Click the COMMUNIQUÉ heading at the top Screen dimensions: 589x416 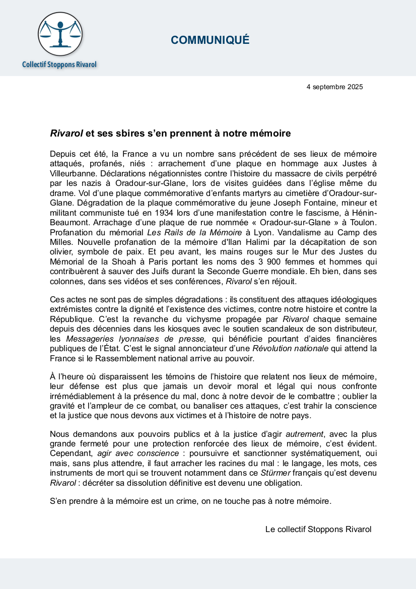(210, 41)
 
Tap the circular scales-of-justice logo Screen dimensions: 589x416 (59, 34)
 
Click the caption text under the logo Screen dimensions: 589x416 (59, 64)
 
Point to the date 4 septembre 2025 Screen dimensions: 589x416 (334, 87)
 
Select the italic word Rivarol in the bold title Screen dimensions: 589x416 (66, 134)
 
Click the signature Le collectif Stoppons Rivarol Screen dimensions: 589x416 (318, 529)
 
